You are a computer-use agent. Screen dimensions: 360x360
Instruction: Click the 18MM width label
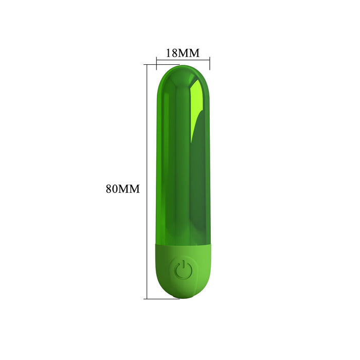[x=182, y=52]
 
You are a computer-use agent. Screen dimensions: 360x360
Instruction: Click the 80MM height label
[x=123, y=188]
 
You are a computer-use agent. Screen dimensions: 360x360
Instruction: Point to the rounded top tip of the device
[x=183, y=68]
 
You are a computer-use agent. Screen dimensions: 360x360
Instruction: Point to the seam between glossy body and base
[x=183, y=243]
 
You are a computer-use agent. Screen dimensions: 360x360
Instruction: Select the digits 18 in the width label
[x=172, y=52]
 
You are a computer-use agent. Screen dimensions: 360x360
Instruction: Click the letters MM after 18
[x=189, y=52]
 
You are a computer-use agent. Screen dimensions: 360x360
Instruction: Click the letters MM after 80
[x=130, y=188]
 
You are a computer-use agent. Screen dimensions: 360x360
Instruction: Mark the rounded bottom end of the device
[x=183, y=297]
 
